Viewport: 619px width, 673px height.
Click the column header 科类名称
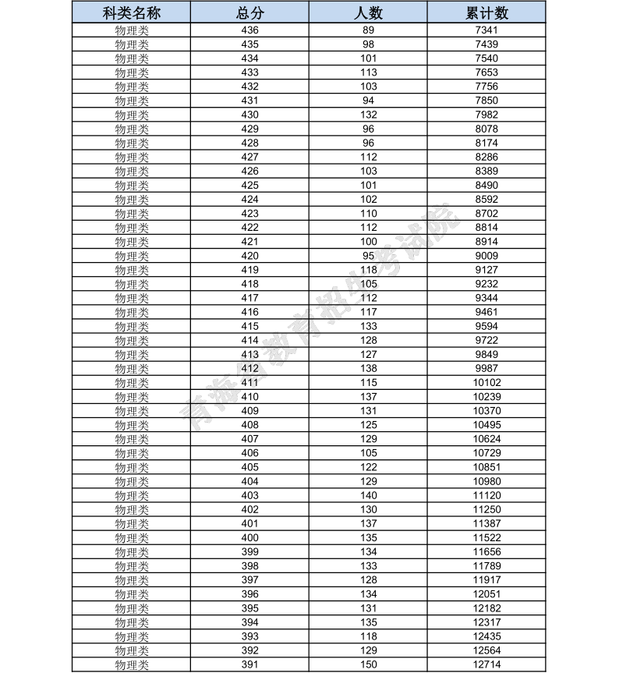click(x=132, y=13)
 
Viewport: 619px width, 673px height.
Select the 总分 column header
click(x=249, y=13)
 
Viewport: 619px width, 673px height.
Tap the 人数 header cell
click(x=369, y=13)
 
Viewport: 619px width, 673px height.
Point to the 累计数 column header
click(x=486, y=13)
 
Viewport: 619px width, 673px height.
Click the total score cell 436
click(x=249, y=30)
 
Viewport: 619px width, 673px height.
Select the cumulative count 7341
click(x=486, y=30)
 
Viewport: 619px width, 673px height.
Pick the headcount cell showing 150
click(x=369, y=664)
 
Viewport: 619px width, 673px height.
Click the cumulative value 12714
click(x=486, y=664)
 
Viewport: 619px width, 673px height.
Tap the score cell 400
click(x=249, y=537)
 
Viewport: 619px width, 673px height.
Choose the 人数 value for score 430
click(x=369, y=115)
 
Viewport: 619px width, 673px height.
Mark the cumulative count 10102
click(x=486, y=382)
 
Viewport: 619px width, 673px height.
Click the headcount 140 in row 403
click(x=369, y=495)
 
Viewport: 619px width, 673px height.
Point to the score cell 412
click(x=249, y=368)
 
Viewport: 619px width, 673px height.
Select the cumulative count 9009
click(x=486, y=255)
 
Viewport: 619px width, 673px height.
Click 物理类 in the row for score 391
click(x=132, y=664)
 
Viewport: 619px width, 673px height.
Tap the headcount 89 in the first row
click(x=369, y=30)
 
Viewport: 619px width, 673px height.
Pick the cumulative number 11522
click(x=486, y=537)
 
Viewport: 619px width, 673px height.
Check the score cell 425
click(x=249, y=185)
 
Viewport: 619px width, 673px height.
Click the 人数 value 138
click(x=369, y=368)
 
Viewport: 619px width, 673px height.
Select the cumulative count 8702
click(x=486, y=213)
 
